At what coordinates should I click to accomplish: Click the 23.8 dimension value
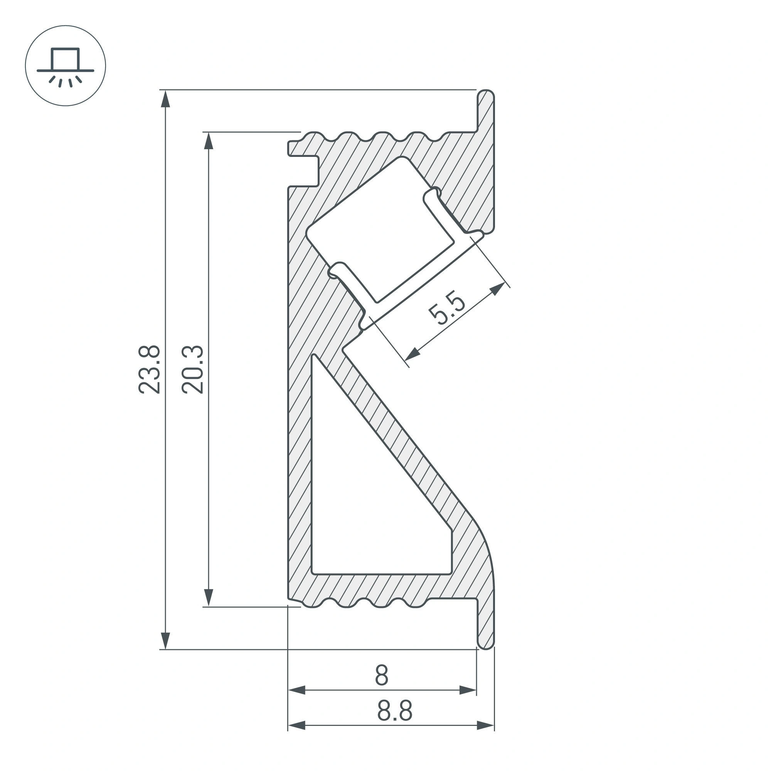click(x=149, y=370)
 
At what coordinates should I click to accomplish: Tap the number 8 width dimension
click(x=382, y=675)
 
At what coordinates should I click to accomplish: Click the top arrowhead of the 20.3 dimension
click(x=208, y=140)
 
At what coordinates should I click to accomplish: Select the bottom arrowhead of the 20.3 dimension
click(x=208, y=598)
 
